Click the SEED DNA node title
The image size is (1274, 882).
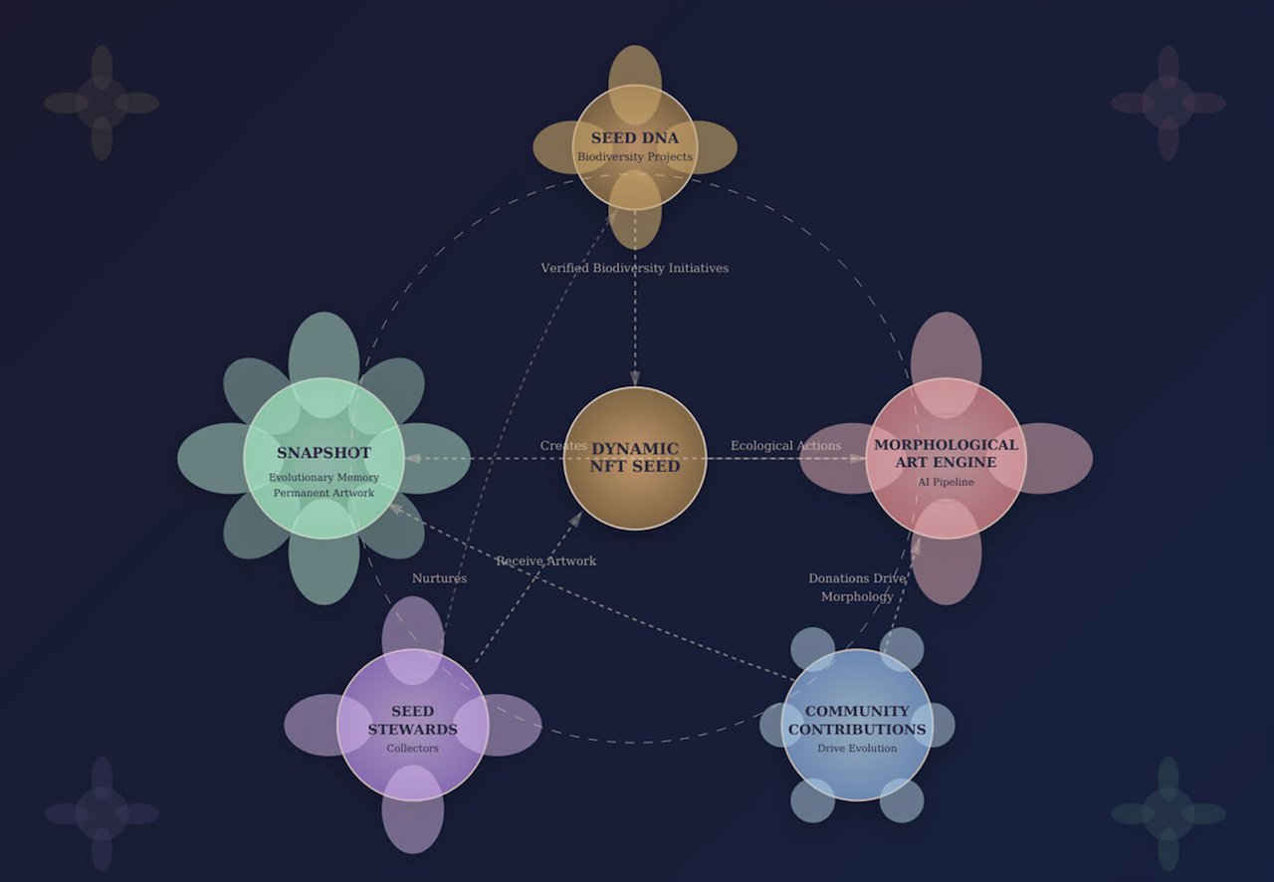(x=635, y=137)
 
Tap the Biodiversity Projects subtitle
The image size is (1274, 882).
(x=635, y=156)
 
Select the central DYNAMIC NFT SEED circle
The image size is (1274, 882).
(x=635, y=458)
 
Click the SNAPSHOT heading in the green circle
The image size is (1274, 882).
(x=323, y=453)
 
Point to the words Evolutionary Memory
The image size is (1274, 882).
(x=323, y=478)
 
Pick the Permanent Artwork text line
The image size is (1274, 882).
(x=323, y=493)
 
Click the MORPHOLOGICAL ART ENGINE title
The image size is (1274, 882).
(x=946, y=454)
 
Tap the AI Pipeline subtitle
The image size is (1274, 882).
(x=946, y=482)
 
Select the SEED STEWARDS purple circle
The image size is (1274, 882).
(x=413, y=725)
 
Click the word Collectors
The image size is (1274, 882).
(x=413, y=749)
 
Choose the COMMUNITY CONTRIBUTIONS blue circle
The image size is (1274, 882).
(x=857, y=725)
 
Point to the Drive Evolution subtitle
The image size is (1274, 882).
(x=857, y=749)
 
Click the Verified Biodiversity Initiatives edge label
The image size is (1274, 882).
(x=635, y=268)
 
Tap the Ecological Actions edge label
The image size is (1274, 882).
(x=786, y=446)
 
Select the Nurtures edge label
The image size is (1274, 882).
(x=440, y=578)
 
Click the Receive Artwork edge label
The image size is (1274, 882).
(x=546, y=561)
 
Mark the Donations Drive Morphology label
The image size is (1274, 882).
(x=857, y=587)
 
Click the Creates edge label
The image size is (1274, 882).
(x=563, y=446)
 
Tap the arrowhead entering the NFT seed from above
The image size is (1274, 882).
(x=635, y=378)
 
